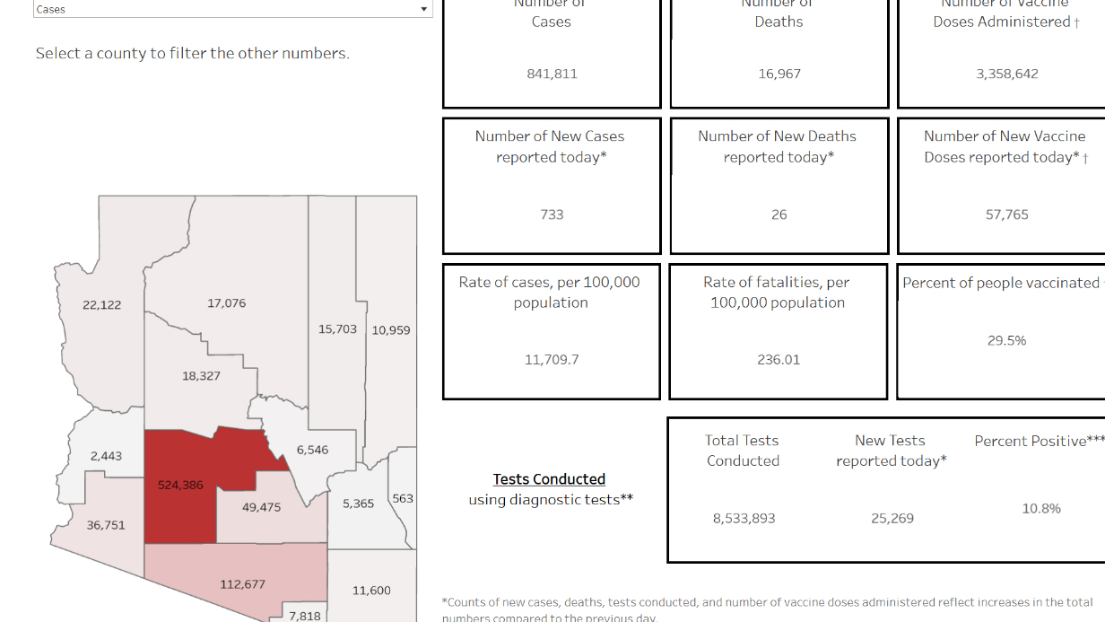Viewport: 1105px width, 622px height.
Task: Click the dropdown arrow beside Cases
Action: (x=423, y=9)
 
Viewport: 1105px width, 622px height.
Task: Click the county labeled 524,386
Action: (x=180, y=485)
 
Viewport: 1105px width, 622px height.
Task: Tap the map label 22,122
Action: (x=101, y=305)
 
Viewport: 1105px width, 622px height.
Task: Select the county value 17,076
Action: (x=226, y=303)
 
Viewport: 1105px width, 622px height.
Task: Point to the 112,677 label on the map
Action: (x=242, y=584)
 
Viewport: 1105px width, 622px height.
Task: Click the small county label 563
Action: (x=403, y=498)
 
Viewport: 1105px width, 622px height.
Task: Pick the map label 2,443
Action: (x=106, y=456)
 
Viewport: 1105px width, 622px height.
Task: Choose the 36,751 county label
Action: (x=106, y=525)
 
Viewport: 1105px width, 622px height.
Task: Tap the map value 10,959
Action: (x=391, y=330)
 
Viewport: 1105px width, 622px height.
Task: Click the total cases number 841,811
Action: (x=552, y=74)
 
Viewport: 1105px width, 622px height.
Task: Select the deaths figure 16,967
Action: (x=779, y=74)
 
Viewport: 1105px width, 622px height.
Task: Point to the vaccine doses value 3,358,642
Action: (x=1007, y=74)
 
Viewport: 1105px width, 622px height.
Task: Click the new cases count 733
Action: (x=552, y=215)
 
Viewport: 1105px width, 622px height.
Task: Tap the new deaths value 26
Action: (x=779, y=215)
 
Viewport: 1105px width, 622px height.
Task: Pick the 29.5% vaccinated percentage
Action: (x=1006, y=340)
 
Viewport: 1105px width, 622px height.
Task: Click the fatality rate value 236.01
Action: (x=778, y=360)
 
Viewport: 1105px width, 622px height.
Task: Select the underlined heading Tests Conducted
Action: (x=549, y=479)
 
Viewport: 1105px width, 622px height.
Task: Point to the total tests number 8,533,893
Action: (x=744, y=518)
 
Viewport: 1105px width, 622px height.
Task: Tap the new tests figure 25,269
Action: (x=892, y=518)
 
